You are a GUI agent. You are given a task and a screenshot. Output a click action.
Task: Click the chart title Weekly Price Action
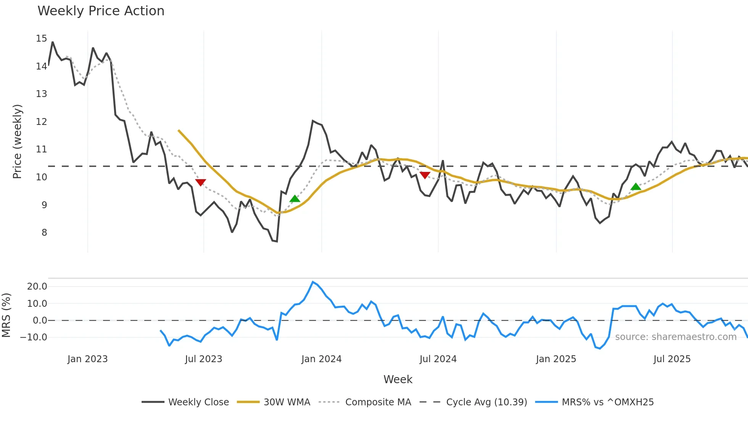101,11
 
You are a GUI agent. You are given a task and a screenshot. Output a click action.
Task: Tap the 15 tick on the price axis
41,39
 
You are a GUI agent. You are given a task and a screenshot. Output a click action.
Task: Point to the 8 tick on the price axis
44,233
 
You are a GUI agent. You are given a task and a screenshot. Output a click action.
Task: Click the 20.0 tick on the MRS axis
37,287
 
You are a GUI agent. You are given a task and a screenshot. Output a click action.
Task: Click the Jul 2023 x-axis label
203,359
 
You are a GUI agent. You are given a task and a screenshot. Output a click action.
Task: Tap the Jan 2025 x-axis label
556,359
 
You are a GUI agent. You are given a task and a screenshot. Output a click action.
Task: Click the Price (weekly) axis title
18,141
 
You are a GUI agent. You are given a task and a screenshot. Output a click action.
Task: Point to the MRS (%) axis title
6,315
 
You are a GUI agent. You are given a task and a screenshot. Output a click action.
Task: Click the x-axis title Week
398,379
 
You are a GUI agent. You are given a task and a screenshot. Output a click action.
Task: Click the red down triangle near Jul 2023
200,182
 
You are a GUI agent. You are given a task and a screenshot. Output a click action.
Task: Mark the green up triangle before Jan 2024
295,199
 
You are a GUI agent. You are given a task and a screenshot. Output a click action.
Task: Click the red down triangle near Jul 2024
425,175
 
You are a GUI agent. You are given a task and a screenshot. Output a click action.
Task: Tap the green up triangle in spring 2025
635,187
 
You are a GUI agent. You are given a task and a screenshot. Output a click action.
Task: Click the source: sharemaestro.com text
675,337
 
